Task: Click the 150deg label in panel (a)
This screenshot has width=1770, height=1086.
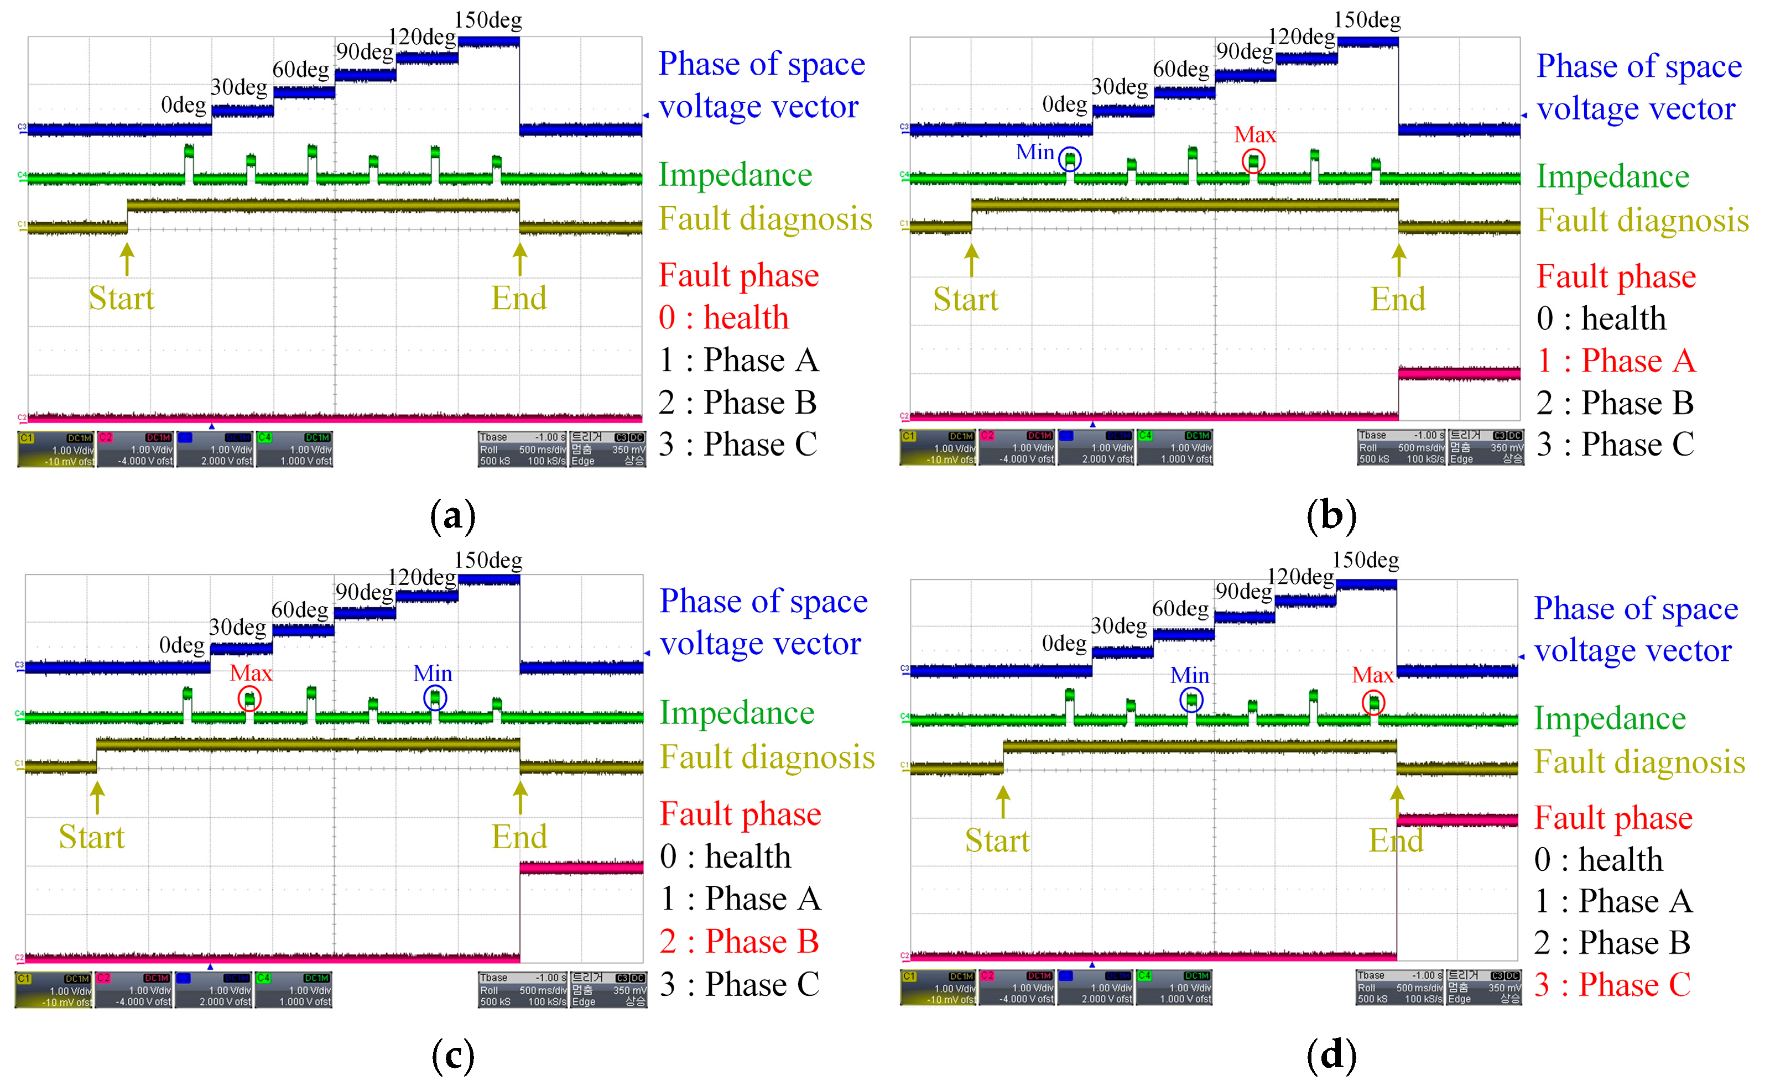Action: click(x=488, y=20)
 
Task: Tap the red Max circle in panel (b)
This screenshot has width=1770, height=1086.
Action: click(x=1253, y=161)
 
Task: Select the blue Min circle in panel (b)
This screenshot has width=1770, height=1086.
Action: click(x=1070, y=159)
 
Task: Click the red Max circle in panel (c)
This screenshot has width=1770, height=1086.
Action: click(x=249, y=698)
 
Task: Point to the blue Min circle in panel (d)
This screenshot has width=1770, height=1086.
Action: click(x=1191, y=699)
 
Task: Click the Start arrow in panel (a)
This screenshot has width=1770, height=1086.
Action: click(x=127, y=259)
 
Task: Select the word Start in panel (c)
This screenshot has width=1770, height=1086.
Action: click(x=91, y=837)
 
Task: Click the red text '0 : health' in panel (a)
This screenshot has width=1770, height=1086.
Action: click(x=723, y=317)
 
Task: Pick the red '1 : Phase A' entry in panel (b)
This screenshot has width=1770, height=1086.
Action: click(x=1616, y=361)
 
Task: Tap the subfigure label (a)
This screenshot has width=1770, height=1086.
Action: click(x=452, y=516)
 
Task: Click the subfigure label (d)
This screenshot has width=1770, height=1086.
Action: click(x=1331, y=1055)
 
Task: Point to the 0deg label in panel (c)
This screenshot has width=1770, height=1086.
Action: click(x=182, y=645)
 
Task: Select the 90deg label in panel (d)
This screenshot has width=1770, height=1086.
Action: click(x=1243, y=591)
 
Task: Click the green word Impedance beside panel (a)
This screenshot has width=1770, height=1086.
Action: click(x=735, y=175)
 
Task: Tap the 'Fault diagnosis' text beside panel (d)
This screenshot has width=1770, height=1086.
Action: click(x=1639, y=762)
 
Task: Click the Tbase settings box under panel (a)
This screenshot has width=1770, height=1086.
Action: click(x=522, y=449)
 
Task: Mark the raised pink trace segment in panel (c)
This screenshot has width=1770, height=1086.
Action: click(x=581, y=868)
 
